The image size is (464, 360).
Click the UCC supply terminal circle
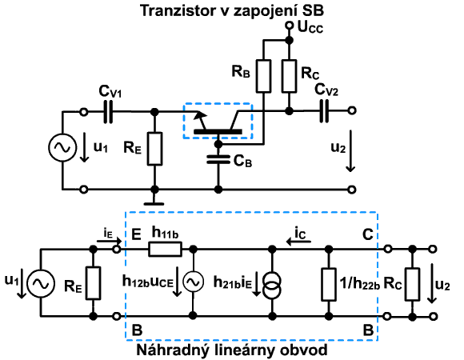[289, 26]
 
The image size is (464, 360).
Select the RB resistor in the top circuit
[263, 76]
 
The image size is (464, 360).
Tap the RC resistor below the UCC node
[289, 76]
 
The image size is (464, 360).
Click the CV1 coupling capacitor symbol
[108, 112]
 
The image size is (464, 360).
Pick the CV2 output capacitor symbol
[324, 111]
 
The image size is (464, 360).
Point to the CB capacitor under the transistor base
[218, 159]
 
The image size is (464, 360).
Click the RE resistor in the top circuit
[154, 149]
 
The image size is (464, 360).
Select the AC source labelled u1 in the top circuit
[62, 147]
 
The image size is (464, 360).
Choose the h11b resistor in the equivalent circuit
[165, 249]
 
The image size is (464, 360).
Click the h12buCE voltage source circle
[193, 282]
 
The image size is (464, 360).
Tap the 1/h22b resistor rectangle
[328, 285]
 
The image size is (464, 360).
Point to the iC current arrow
[298, 242]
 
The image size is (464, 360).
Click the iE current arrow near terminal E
[109, 241]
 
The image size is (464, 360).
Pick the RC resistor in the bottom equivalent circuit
[412, 285]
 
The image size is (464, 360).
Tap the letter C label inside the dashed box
[368, 234]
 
